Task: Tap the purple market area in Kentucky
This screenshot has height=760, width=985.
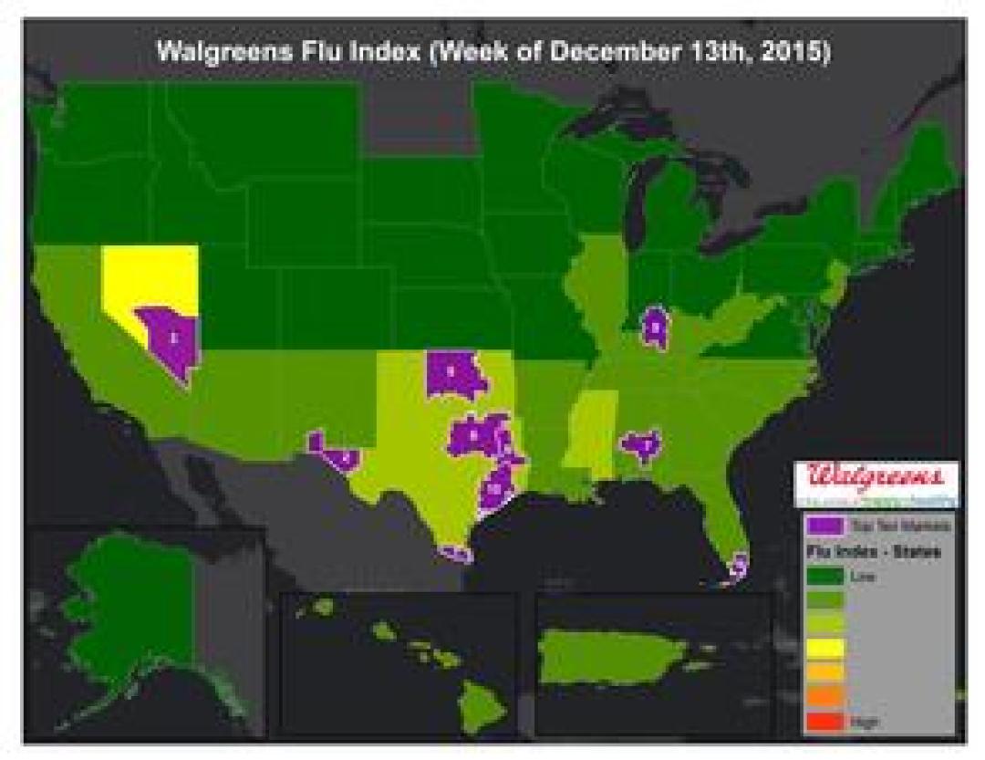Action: pyautogui.click(x=655, y=326)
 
